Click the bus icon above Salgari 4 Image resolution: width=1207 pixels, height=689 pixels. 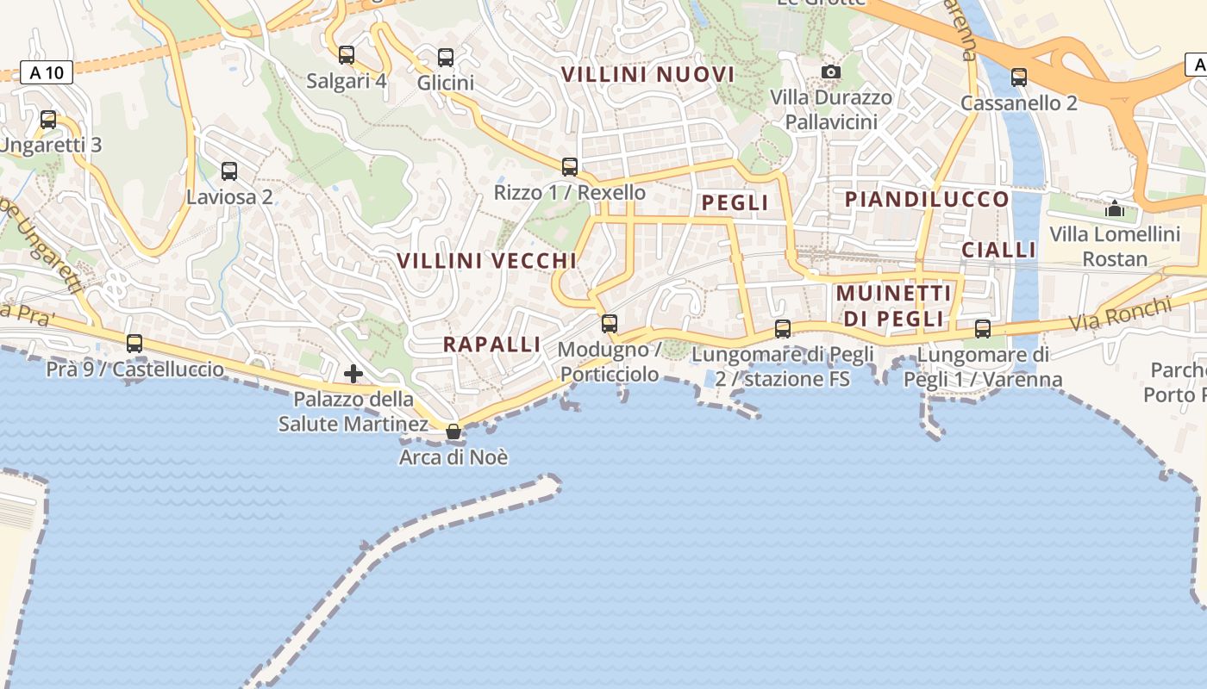point(347,55)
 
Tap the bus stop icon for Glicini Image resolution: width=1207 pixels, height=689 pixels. point(446,58)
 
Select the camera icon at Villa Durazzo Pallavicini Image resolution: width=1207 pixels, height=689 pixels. point(831,71)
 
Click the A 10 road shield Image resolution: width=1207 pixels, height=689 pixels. point(47,72)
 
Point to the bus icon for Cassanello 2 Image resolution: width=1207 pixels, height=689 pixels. point(1019,78)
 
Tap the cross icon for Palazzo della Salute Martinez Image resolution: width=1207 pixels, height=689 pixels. point(353,374)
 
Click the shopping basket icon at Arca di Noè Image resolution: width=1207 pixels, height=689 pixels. point(453,431)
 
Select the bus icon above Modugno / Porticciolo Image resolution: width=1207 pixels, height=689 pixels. point(610,324)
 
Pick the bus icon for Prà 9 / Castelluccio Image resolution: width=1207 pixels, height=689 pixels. point(134,344)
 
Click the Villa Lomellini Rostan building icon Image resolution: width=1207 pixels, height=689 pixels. point(1115,208)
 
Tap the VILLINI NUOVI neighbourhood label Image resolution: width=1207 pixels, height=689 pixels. point(648,75)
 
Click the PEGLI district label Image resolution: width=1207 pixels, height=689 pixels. point(735,203)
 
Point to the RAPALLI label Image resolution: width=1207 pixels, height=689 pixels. point(491,344)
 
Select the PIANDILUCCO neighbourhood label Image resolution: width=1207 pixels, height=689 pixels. point(927,200)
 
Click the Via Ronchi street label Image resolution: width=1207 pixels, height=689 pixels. point(1121,315)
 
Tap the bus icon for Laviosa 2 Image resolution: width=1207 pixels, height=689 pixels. point(229,171)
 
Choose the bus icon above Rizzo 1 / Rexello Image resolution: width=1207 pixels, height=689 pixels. point(570,167)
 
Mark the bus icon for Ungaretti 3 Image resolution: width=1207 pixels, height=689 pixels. point(48,120)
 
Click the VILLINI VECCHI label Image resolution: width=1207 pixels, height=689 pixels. point(486,260)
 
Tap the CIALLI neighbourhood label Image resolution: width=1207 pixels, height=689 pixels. point(998,251)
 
